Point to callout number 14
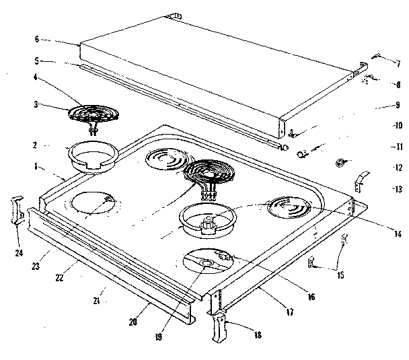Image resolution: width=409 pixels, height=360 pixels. click(x=398, y=235)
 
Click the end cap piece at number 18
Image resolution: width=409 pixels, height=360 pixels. click(x=220, y=327)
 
